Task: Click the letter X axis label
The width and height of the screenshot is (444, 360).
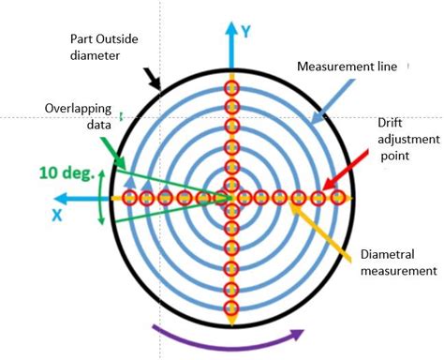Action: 58,216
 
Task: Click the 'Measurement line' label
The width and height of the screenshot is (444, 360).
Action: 350,67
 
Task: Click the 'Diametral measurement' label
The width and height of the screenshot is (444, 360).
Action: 398,262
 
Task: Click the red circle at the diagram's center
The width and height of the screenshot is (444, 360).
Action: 229,198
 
